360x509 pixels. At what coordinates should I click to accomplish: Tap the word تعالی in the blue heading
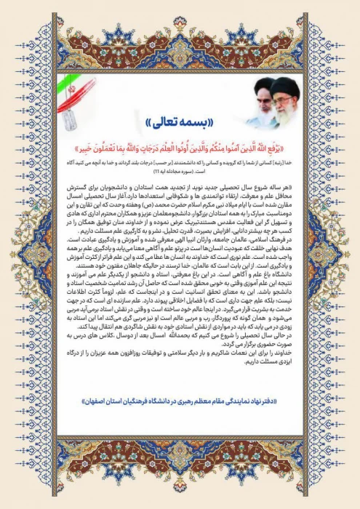point(164,120)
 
